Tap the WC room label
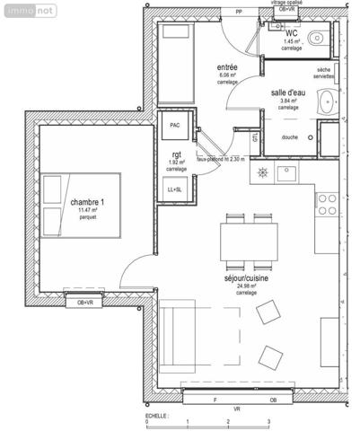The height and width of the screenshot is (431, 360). click(x=292, y=33)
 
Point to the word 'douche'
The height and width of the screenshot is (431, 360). click(x=289, y=137)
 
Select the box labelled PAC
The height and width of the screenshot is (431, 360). click(x=173, y=127)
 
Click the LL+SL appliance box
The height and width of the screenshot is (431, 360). click(x=173, y=189)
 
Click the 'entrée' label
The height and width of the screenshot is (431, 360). click(x=228, y=67)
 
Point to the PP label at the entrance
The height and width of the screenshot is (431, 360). click(x=238, y=12)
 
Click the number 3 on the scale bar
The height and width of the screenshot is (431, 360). click(x=268, y=421)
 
